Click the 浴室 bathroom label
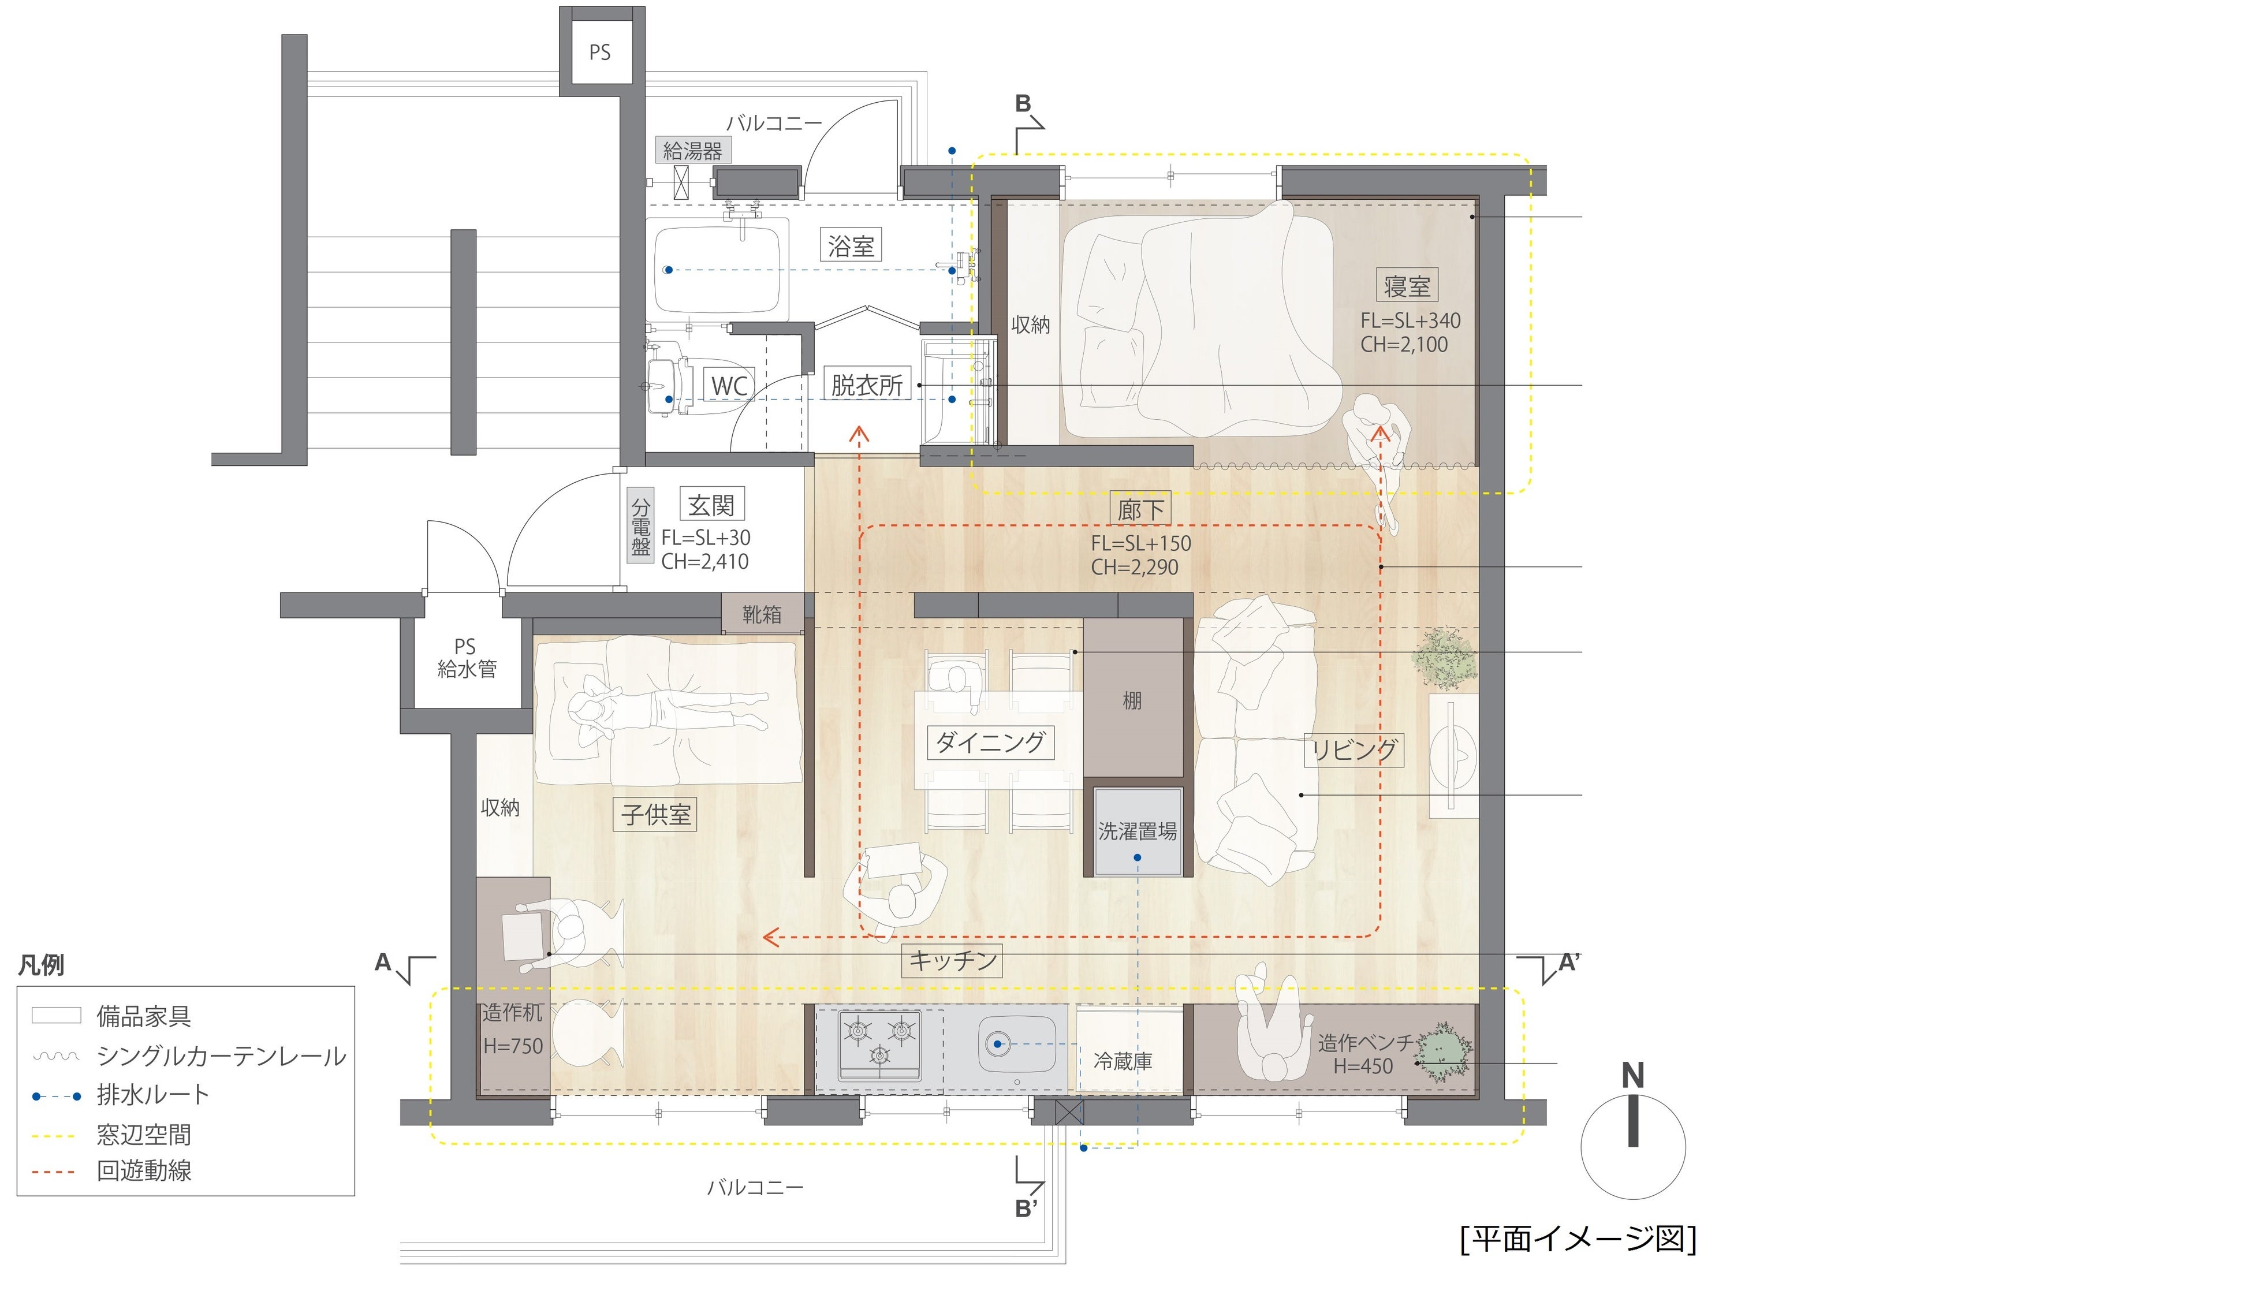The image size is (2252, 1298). pos(851,245)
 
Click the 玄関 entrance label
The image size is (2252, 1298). pos(711,505)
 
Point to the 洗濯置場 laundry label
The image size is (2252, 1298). pos(1137,831)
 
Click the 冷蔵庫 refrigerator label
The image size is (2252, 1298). pos(1123,1061)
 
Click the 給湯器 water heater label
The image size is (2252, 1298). pos(693,151)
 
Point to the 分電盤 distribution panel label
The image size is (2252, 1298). pos(641,527)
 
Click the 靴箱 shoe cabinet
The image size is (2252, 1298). pos(762,614)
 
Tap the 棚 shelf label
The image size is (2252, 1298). pos(1132,701)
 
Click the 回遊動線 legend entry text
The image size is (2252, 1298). pos(144,1170)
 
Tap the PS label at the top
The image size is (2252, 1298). pos(600,53)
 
